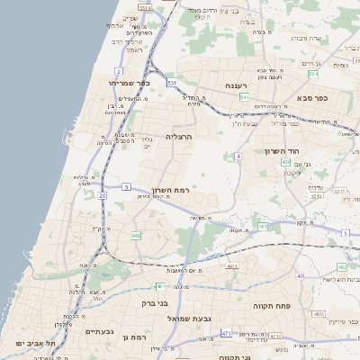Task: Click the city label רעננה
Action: coord(236,86)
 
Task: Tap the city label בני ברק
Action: coord(138,303)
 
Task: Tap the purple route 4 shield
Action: coord(238,157)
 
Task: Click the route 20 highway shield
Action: coord(103,194)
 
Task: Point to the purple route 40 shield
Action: coord(301,275)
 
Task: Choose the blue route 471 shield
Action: coord(225,332)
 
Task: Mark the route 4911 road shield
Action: coord(233,266)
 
